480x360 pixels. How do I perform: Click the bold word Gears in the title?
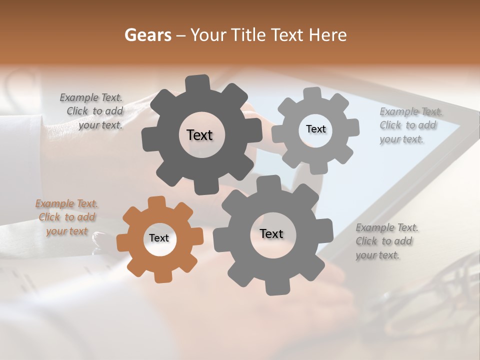click(x=147, y=35)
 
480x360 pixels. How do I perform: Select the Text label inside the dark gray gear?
click(x=199, y=135)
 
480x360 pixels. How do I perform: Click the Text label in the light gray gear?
click(x=315, y=129)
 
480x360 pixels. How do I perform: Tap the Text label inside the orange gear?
click(x=159, y=238)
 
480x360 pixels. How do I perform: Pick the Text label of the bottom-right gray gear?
click(x=271, y=234)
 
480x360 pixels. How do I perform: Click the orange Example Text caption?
click(x=67, y=217)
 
